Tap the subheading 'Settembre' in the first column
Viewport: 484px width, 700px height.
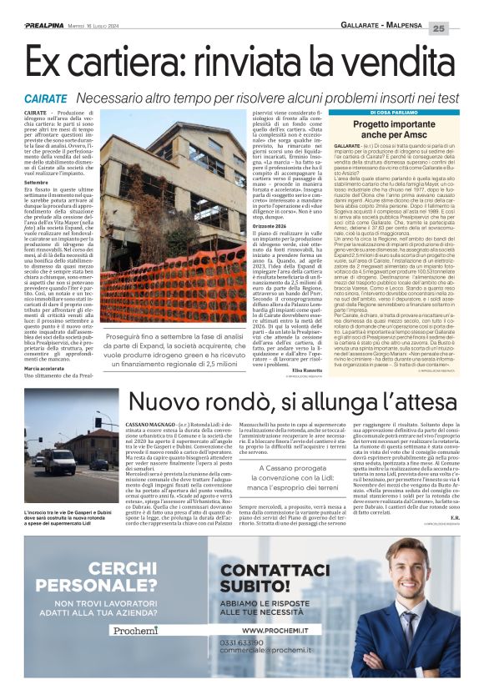tap(37, 182)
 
